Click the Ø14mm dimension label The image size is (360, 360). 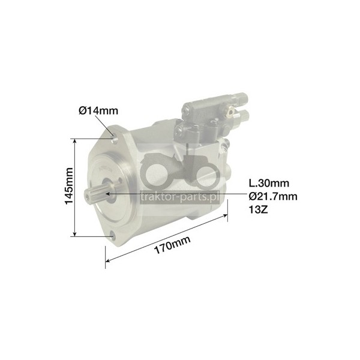pos(98,110)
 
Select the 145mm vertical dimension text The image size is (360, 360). pos(69,186)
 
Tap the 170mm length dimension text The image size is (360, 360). pos(172,245)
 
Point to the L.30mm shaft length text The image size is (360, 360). pos(269,183)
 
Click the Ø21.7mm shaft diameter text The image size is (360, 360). pos(273,196)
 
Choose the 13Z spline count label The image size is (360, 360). pos(258,209)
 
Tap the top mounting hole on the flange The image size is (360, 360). pos(114,138)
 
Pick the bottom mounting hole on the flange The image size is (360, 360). pos(112,236)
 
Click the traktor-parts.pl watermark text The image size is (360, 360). pos(179,197)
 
